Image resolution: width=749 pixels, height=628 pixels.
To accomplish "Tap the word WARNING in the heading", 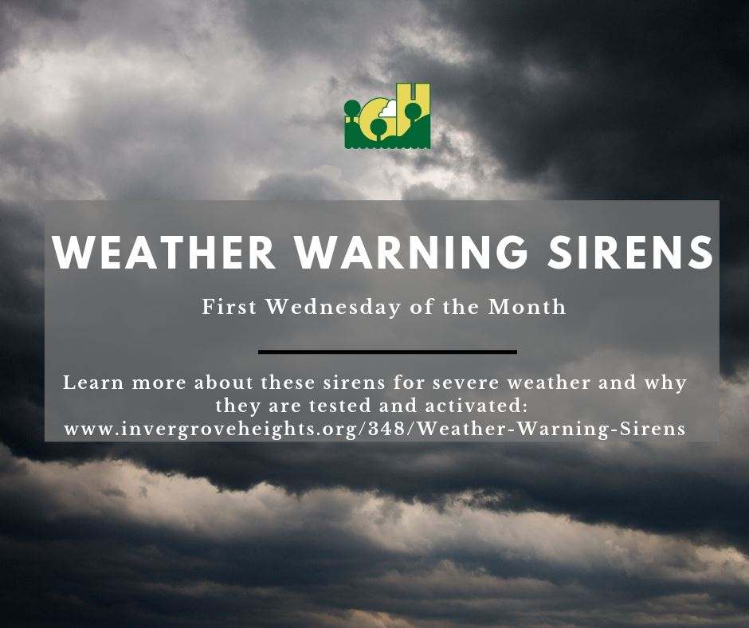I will (406, 252).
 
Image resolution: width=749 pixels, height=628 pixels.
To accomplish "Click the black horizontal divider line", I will (388, 351).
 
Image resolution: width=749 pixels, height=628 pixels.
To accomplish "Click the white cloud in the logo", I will (390, 109).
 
